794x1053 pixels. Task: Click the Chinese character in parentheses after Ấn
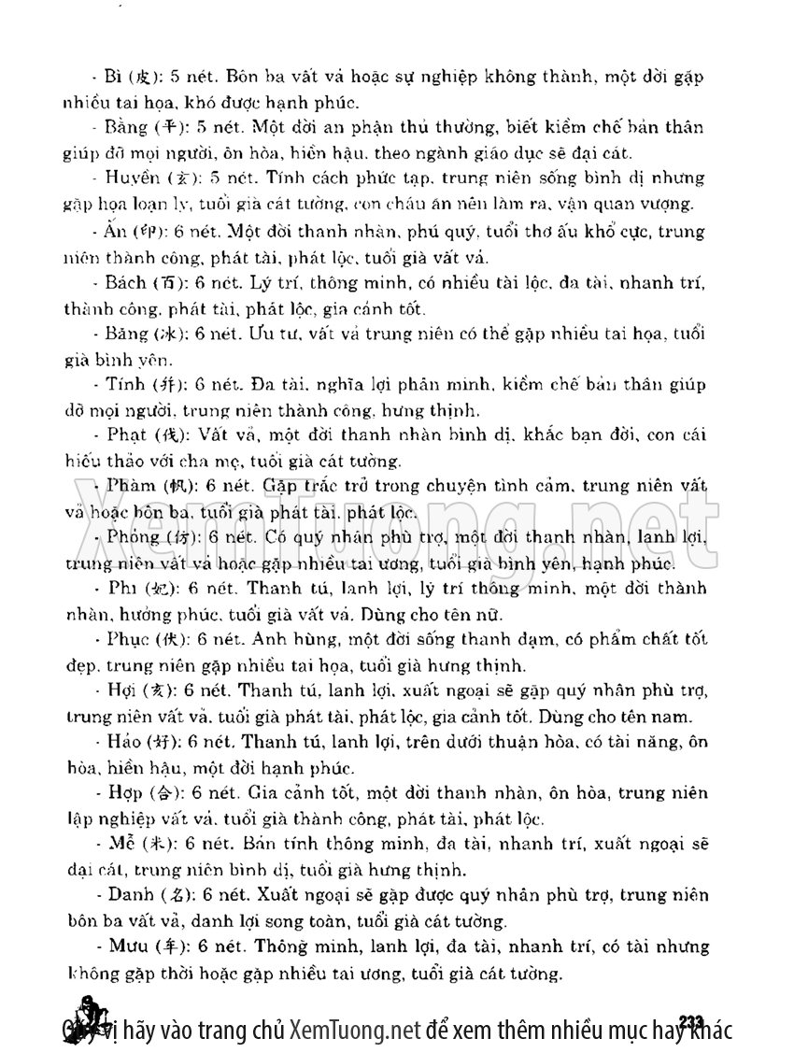tap(149, 232)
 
